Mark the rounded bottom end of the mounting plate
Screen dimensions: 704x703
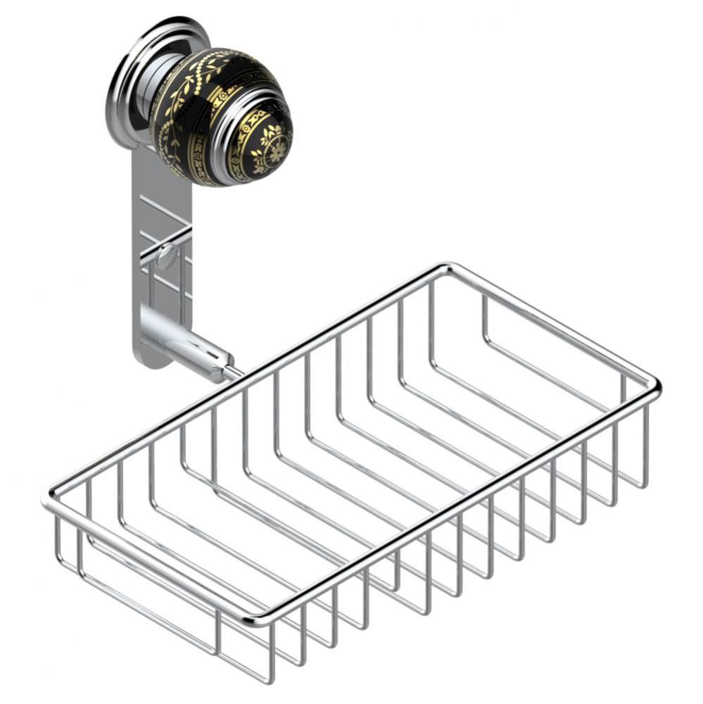[x=151, y=360]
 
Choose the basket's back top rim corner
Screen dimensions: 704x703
[x=445, y=268]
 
